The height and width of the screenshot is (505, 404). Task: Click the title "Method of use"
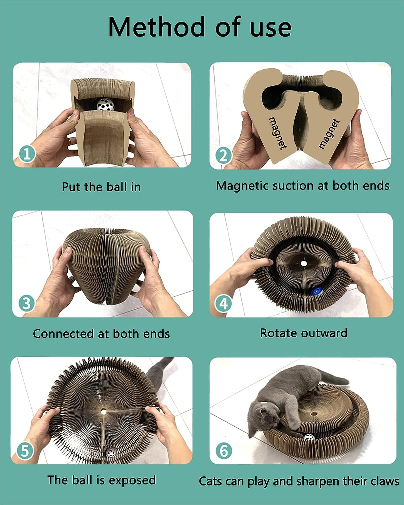coord(200,27)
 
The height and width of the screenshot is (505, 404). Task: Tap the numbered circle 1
coord(27,155)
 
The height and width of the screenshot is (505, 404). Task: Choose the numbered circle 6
coord(224,450)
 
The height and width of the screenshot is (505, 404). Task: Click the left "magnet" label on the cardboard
coord(278,133)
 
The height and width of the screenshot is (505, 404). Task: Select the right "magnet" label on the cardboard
coord(329,134)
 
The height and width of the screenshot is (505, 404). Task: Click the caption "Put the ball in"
coord(101,187)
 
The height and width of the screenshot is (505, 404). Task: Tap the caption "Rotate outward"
coord(303,333)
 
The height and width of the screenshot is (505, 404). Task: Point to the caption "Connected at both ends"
coord(101,334)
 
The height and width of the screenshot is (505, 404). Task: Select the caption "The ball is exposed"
coord(101,480)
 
